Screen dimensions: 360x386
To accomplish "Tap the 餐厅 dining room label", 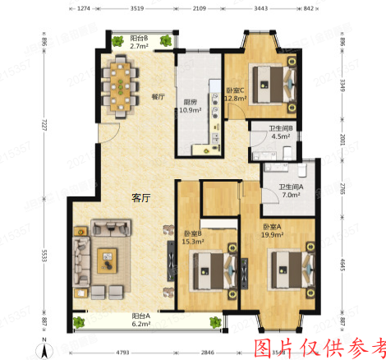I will (x=158, y=97).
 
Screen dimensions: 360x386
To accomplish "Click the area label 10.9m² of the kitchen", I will (x=190, y=111).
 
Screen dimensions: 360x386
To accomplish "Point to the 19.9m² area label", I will (x=273, y=234).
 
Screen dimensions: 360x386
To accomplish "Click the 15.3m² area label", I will (x=194, y=242).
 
